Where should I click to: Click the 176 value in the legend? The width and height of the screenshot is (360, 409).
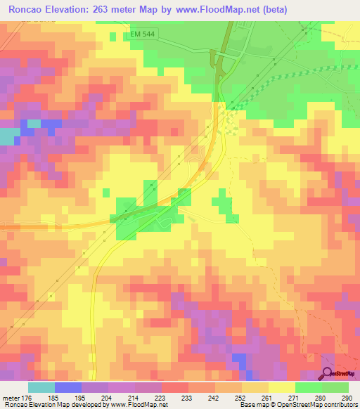click(26, 398)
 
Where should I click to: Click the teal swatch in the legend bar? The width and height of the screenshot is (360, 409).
click(41, 387)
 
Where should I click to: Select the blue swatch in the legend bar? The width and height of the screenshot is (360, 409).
click(67, 387)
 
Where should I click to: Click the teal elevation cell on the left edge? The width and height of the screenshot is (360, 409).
click(8, 136)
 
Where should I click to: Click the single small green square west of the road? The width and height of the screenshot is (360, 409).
click(105, 192)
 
